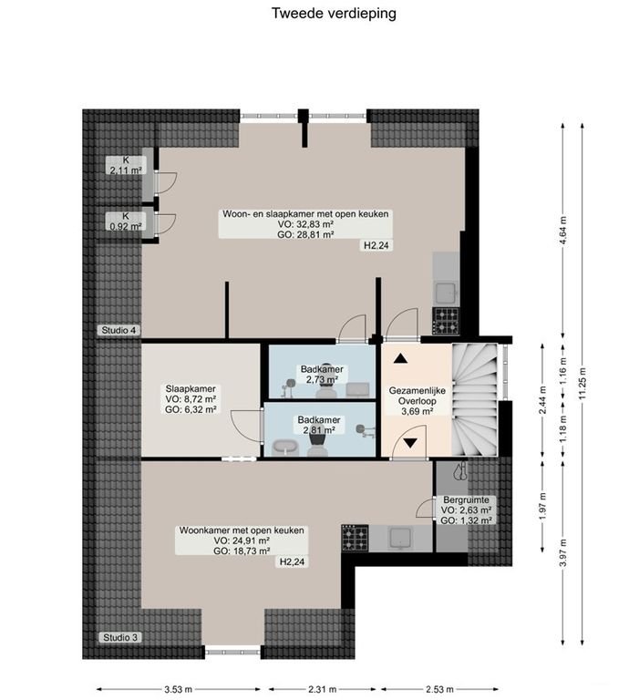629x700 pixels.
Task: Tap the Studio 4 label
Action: [x=119, y=330]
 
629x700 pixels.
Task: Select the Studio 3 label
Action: [x=119, y=637]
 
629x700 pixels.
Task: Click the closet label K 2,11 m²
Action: [x=126, y=165]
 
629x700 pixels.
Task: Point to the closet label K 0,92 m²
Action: [x=126, y=221]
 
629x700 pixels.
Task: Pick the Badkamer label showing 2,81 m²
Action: [x=317, y=426]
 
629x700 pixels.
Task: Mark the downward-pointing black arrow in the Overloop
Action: [x=411, y=443]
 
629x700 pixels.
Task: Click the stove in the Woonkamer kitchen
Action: [x=356, y=538]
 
